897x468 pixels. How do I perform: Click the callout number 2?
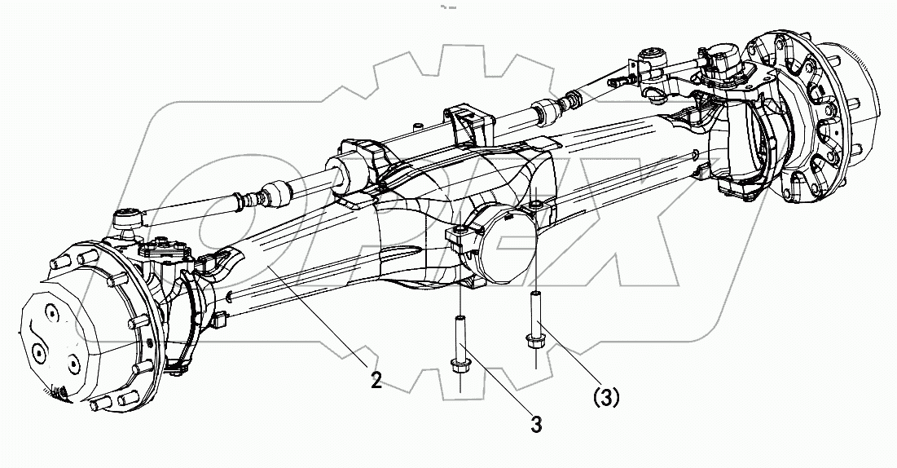pos(376,381)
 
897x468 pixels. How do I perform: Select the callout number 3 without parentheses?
pos(535,424)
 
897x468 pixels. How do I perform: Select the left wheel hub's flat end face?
pos(61,342)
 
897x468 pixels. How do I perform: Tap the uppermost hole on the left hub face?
pos(50,312)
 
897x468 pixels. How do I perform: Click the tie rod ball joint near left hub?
pos(127,219)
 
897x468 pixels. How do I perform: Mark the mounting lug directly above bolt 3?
pos(459,237)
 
